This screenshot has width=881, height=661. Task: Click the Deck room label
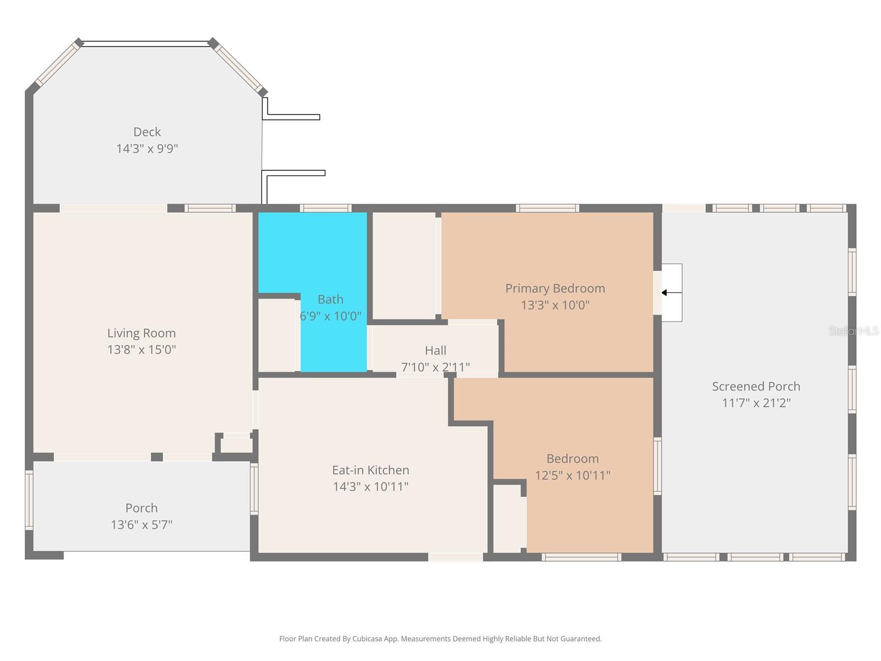pos(147,132)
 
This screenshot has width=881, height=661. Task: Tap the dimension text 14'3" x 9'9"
pos(147,149)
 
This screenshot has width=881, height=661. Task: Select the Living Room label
pos(142,333)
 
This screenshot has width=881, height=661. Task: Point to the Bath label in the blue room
pos(330,299)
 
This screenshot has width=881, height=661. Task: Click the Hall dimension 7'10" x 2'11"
pos(435,367)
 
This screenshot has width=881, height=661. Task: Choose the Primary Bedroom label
pos(555,288)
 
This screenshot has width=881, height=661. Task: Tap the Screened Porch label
pos(756,386)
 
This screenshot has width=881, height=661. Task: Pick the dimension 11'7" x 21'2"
pos(756,403)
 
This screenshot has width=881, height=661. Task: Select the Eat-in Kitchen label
pos(371,470)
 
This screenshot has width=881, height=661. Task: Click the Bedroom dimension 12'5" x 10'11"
pos(573,475)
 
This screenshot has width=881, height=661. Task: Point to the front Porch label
pos(142,508)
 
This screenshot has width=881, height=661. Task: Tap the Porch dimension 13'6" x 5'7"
pos(142,524)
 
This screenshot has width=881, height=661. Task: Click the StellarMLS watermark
pos(853,331)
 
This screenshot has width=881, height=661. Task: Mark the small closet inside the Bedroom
pos(507,518)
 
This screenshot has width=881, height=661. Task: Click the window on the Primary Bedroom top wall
pos(547,208)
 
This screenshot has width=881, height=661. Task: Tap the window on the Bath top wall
pos(325,208)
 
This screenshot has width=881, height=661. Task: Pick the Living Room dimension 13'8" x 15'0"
pos(142,349)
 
